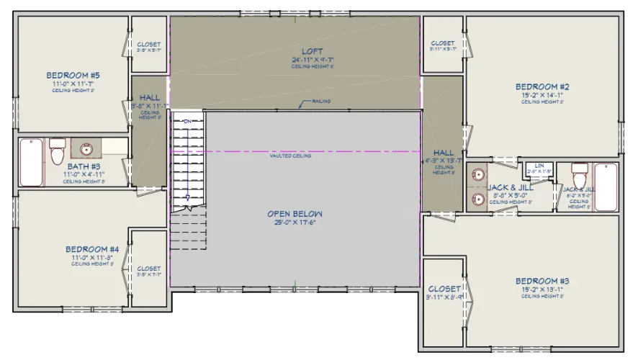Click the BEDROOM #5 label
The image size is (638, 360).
[x=73, y=75]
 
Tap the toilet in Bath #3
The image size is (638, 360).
[x=58, y=151]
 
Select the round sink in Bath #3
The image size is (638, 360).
[x=86, y=150]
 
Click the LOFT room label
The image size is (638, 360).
[x=312, y=50]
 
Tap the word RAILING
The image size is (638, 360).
[x=321, y=101]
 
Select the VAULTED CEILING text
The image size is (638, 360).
[x=290, y=156]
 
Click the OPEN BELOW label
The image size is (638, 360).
[x=295, y=214]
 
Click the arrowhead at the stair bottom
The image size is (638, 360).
[x=187, y=197]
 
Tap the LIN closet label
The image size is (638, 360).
[x=539, y=165]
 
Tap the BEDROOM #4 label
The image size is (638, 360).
[x=94, y=248]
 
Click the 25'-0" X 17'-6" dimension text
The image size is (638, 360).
[x=295, y=222]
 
